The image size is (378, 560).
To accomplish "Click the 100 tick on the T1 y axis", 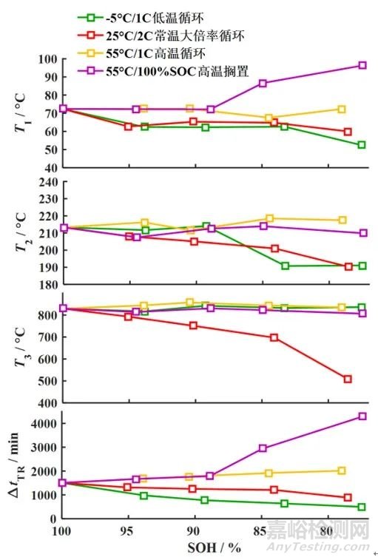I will click(48, 59).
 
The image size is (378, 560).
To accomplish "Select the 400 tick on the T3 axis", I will click(48, 403).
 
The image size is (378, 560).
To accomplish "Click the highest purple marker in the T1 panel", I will click(362, 65).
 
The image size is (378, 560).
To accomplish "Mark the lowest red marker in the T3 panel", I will click(348, 379).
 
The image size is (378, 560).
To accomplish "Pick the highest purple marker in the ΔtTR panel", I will click(362, 416).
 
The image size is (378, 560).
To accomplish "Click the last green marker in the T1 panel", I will click(362, 145).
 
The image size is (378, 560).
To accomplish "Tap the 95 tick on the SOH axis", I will click(129, 532).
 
